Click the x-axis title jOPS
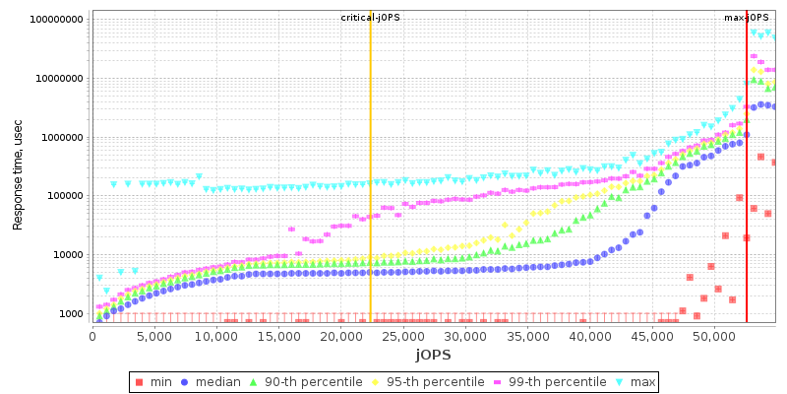coord(433,354)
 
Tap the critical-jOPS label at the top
coord(370,18)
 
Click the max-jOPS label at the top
coord(747,18)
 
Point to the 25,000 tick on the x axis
coord(402,335)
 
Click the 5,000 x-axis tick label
coord(154,335)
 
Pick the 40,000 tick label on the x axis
coord(588,335)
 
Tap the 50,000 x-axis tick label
coord(712,335)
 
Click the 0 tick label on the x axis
coord(92,335)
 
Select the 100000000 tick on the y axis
coord(57,20)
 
